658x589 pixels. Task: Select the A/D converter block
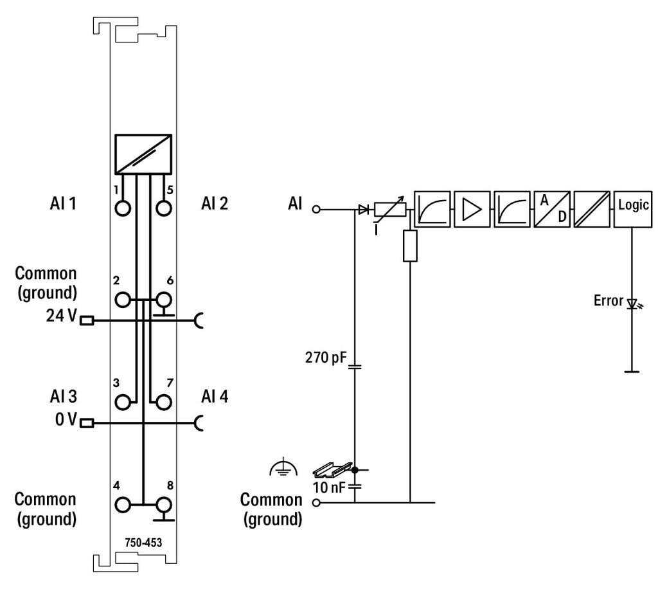552,208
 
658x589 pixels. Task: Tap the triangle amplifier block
472,208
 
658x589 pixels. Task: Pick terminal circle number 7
164,402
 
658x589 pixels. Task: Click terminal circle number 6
164,299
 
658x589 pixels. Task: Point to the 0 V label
66,421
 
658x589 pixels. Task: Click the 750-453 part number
143,542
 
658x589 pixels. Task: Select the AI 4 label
215,395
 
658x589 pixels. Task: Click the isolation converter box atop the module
143,154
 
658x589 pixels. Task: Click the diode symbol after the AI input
363,209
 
